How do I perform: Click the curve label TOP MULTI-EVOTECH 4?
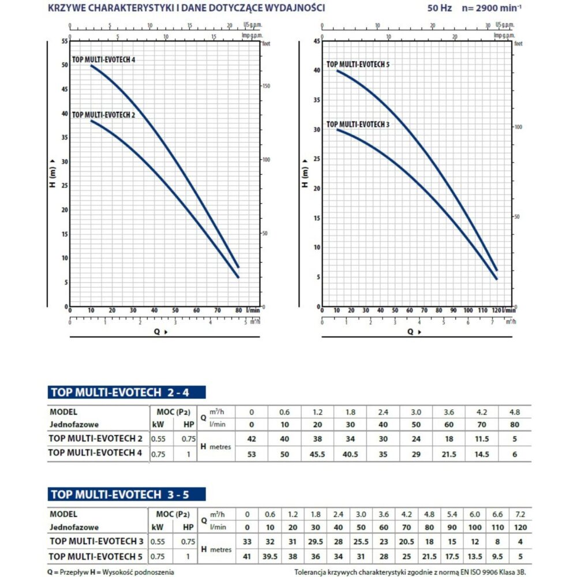click(104, 59)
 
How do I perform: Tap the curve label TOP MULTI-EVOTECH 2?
click(103, 115)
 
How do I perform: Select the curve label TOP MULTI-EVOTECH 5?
click(358, 65)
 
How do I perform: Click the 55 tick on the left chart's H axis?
click(65, 42)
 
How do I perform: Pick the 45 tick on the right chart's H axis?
click(316, 41)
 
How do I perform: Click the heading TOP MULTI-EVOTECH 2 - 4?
click(126, 393)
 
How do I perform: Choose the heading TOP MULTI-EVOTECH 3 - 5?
click(126, 494)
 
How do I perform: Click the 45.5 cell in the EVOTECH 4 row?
click(317, 454)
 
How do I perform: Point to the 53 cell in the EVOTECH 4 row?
click(251, 454)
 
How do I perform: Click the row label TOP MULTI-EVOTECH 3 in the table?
click(96, 541)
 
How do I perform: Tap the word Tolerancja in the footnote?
click(312, 571)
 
